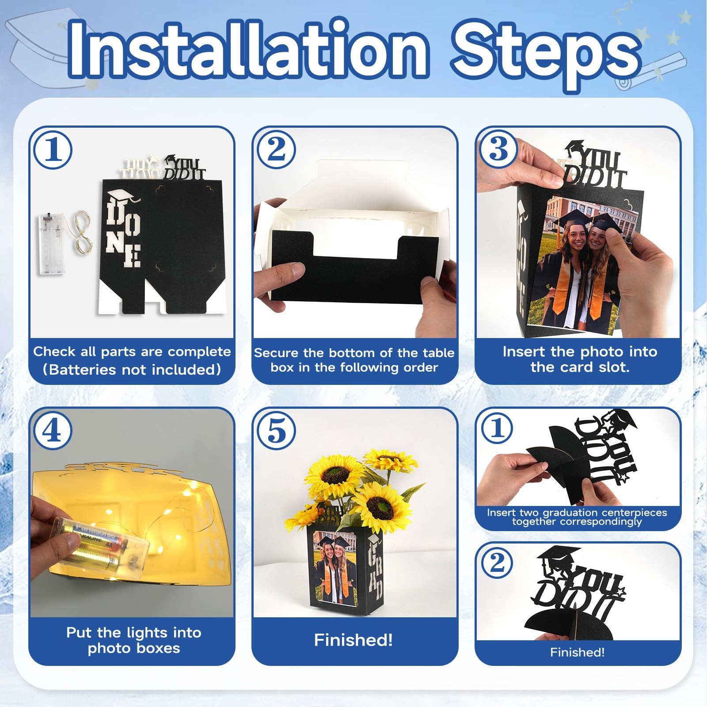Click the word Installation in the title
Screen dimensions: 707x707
click(x=248, y=50)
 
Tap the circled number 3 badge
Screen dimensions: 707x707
click(x=499, y=148)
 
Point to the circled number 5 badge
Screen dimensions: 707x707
click(x=277, y=430)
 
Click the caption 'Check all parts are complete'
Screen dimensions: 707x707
click(x=132, y=352)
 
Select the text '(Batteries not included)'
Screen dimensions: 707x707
click(x=132, y=369)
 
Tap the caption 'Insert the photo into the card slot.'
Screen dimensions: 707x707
click(x=580, y=359)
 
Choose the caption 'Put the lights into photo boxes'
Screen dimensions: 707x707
click(x=133, y=640)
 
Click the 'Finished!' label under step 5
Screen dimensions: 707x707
click(x=353, y=640)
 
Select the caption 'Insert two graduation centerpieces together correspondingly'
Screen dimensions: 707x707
click(x=577, y=517)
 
